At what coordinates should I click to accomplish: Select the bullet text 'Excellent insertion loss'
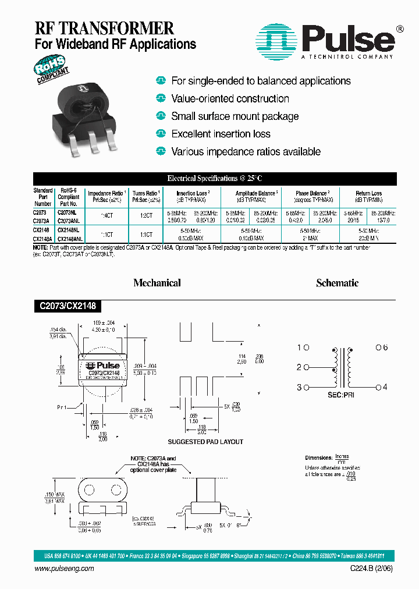(221, 134)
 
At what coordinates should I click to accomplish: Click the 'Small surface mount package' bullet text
(235, 116)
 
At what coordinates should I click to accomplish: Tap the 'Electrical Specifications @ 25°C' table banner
(215, 179)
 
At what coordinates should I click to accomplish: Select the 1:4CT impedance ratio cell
(108, 217)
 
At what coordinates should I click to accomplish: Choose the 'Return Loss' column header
(368, 193)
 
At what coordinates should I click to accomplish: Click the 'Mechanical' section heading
(157, 283)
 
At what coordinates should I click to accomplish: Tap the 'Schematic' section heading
(337, 283)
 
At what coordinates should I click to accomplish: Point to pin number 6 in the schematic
(382, 347)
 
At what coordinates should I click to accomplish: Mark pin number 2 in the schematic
(300, 367)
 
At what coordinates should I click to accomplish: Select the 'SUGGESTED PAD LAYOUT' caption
(205, 442)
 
